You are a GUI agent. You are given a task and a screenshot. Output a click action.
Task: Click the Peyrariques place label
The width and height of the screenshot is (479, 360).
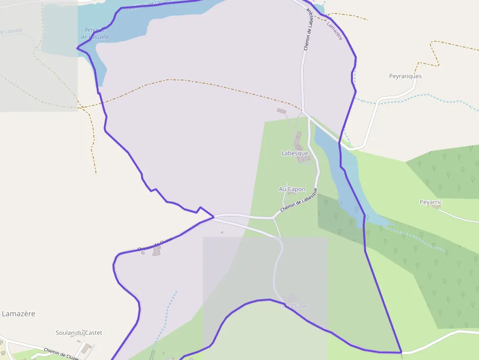coord(405,76)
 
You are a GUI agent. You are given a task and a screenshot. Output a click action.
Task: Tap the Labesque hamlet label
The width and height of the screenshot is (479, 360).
coord(295,153)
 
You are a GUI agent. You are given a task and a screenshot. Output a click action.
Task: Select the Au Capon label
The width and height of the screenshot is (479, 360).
coord(292,189)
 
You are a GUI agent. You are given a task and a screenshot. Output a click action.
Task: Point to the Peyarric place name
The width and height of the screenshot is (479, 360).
coord(431,202)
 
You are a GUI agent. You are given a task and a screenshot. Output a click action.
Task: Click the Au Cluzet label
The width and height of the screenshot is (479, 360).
coord(295,306)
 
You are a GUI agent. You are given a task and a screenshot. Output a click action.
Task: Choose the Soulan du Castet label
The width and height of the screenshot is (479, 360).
coord(79,333)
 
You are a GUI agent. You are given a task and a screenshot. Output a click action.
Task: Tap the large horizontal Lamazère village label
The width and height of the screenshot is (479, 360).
coord(19,314)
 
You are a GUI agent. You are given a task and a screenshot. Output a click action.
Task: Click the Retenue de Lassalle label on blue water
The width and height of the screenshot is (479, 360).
coord(95,33)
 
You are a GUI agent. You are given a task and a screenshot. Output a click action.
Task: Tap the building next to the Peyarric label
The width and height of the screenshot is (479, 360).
coord(436,207)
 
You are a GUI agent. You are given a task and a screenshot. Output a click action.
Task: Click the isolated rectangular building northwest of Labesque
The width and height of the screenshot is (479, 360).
coord(281,111)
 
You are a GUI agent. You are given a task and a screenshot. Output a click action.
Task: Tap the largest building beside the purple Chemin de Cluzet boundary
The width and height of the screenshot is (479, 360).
coord(157,251)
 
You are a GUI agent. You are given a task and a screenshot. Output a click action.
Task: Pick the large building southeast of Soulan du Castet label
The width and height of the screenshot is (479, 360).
coord(87,349)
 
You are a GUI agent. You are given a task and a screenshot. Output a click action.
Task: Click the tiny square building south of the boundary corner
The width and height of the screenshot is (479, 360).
coord(222,233)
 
